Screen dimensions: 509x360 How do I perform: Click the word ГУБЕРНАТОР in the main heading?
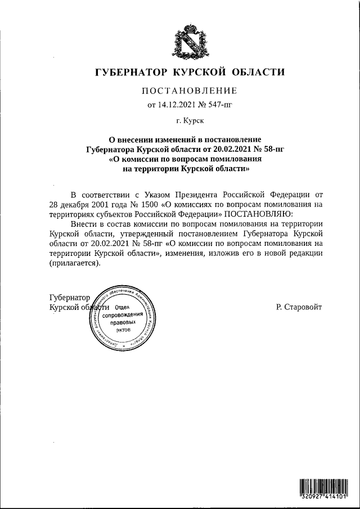125,72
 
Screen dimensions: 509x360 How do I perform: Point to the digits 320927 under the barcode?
310,498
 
